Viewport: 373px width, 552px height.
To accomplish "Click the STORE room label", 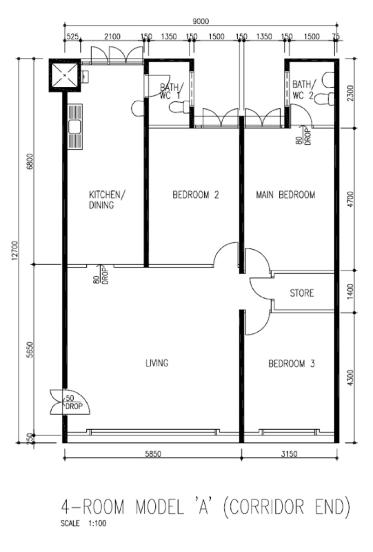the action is (x=302, y=293).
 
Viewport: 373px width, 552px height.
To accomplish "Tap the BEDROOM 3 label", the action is (x=291, y=363).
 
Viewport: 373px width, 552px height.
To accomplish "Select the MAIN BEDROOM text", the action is (x=285, y=195).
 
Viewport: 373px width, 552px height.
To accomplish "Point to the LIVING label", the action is (x=157, y=363).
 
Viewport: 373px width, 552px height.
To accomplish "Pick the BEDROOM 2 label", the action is (x=196, y=195).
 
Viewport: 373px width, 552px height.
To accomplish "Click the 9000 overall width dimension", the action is (x=200, y=21).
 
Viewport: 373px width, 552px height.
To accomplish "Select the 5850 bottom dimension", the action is (x=153, y=454).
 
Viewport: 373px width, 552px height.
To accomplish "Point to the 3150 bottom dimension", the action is (x=289, y=454).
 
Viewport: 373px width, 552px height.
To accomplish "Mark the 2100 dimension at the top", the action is (x=113, y=36).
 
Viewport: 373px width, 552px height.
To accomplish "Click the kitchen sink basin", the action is (x=75, y=127).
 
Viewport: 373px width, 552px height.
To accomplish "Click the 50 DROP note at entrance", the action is (x=74, y=402).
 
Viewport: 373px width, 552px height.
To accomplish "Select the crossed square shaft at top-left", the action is (x=64, y=75).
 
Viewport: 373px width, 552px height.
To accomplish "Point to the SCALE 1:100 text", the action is (x=83, y=524).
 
